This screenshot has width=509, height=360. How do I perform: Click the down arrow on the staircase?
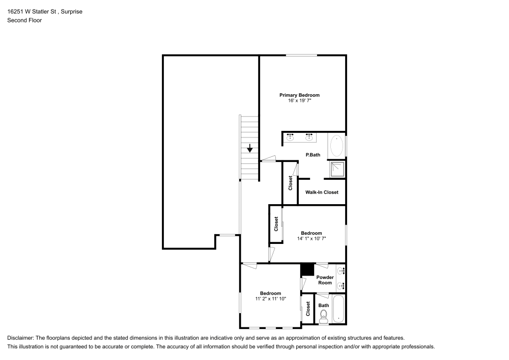click(250, 149)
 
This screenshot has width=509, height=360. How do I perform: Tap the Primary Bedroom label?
click(299, 95)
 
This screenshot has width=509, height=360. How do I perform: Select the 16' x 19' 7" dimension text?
click(299, 101)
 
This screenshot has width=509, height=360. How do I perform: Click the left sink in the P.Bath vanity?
click(291, 137)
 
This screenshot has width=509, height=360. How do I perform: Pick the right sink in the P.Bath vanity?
click(309, 137)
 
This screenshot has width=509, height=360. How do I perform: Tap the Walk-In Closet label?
click(322, 192)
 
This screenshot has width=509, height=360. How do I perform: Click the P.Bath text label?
click(313, 155)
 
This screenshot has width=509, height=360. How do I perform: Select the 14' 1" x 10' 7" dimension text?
click(311, 238)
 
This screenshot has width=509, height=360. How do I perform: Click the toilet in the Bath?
click(324, 317)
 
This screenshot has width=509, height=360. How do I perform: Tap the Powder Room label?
click(325, 280)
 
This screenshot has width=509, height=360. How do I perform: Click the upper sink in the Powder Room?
click(341, 271)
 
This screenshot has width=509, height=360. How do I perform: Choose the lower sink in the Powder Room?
click(341, 285)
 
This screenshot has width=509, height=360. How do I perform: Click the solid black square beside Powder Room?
click(307, 269)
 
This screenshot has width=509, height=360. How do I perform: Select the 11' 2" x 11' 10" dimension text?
click(270, 299)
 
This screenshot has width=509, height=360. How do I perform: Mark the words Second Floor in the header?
click(24, 20)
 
